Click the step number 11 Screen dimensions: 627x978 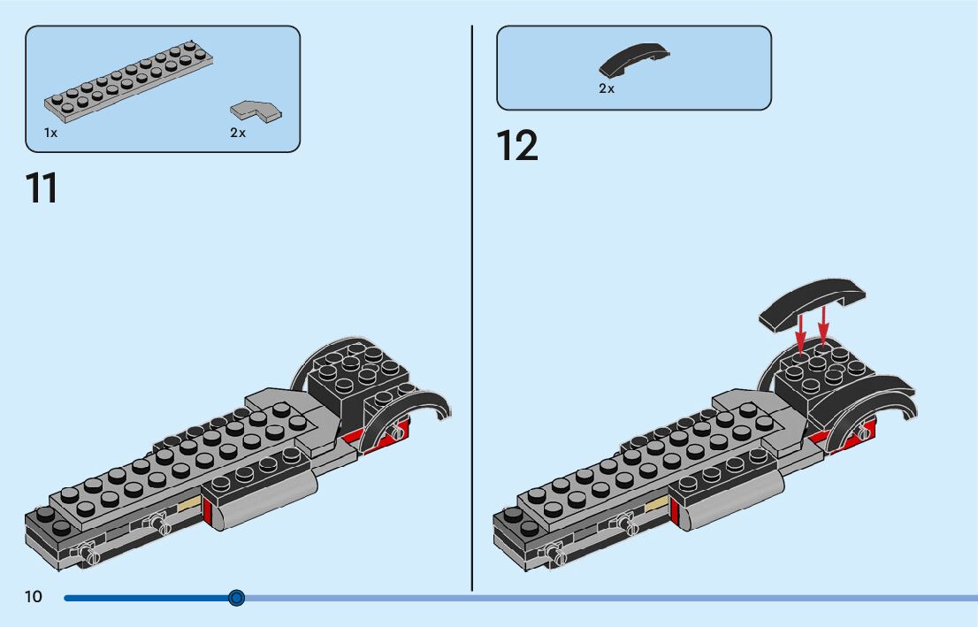42,187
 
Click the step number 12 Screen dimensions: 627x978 516,146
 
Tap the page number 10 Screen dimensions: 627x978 34,598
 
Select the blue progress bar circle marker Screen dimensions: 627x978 236,599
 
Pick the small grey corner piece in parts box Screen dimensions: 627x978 256,111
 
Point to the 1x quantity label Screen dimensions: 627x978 51,133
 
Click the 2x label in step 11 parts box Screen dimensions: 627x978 238,133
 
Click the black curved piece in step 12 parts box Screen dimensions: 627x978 634,60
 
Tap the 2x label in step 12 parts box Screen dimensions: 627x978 607,88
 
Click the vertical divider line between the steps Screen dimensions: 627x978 472,310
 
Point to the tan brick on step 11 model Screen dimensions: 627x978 190,506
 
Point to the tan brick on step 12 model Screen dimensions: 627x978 657,505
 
